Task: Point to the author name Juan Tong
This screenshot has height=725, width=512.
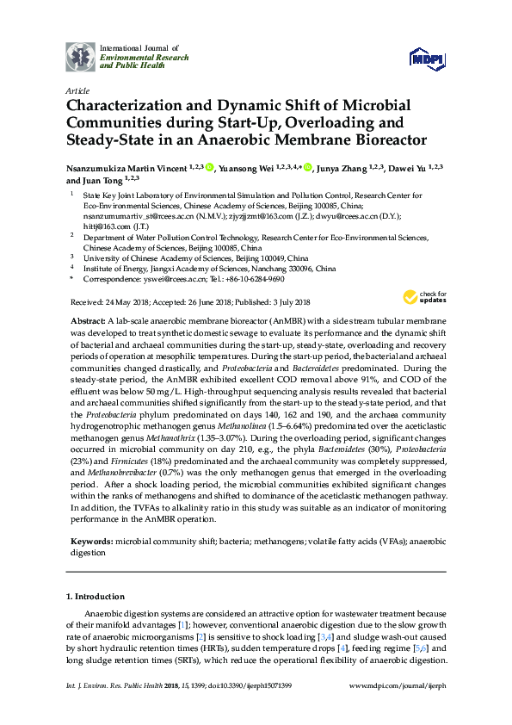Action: pos(99,181)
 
